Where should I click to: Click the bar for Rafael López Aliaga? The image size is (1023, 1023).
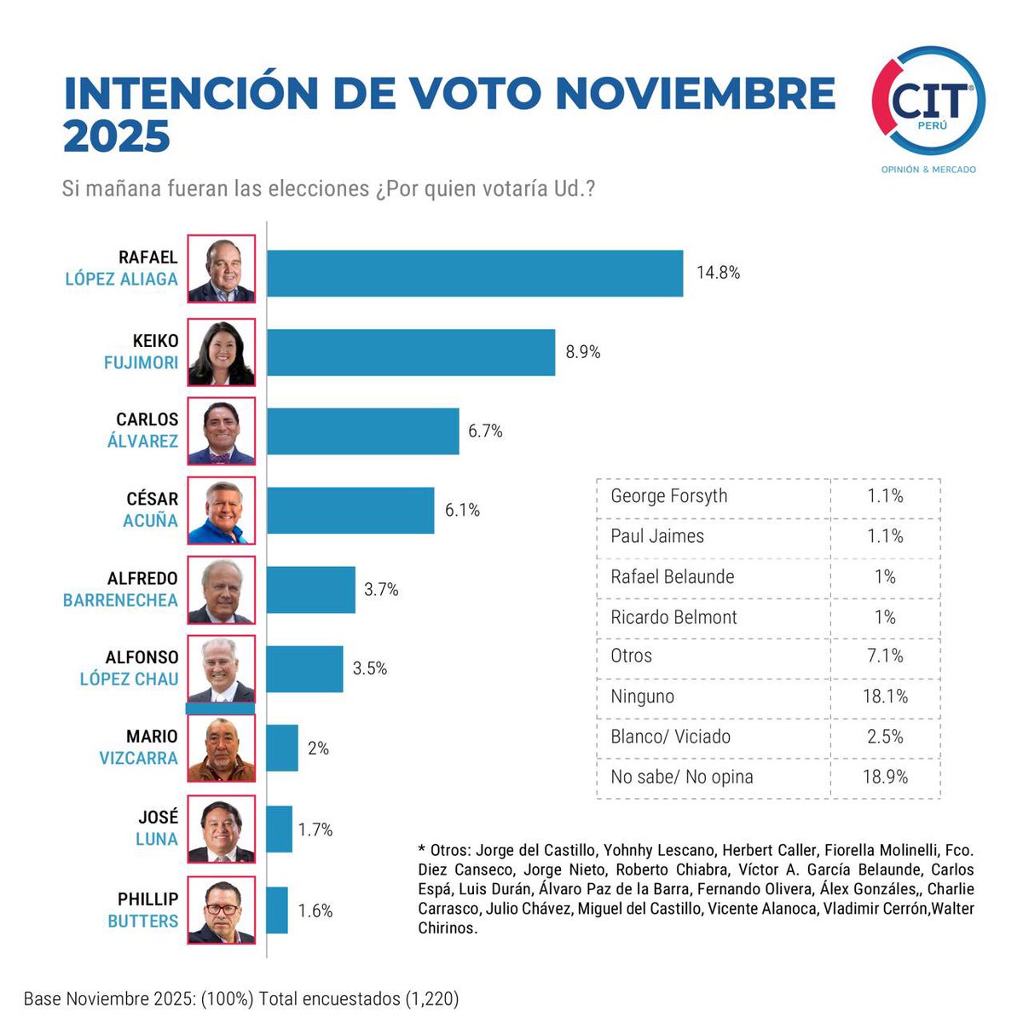[x=475, y=274]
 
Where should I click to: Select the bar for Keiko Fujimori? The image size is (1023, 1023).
[x=411, y=352]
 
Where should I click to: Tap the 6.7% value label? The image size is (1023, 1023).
[x=485, y=431]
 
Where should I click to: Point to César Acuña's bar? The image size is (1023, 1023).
[x=350, y=511]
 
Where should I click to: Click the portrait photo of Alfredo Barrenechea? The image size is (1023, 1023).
[x=221, y=590]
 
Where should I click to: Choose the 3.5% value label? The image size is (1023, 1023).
[x=370, y=668]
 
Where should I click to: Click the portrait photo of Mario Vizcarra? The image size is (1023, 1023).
[x=221, y=748]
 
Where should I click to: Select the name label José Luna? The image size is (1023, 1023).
[x=158, y=828]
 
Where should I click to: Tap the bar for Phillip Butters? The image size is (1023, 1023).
[x=277, y=910]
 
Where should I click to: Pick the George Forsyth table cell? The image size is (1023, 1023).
[x=669, y=496]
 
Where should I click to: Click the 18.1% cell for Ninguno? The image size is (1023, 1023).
[x=885, y=696]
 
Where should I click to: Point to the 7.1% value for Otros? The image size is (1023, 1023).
[x=885, y=656]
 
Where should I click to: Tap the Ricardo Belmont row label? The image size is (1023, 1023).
[x=673, y=617]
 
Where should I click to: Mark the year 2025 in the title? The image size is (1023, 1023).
[x=117, y=136]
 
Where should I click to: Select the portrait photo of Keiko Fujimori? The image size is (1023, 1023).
[x=221, y=353]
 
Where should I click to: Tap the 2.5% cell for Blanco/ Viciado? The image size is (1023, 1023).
[x=885, y=737]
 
